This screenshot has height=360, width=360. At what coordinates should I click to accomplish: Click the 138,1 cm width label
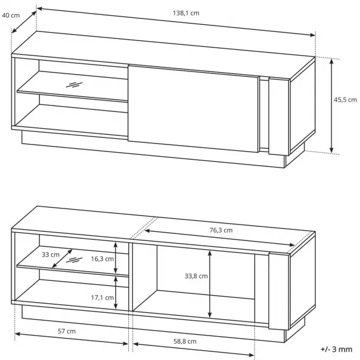(x=186, y=13)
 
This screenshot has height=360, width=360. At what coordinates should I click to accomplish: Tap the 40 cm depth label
(x=11, y=15)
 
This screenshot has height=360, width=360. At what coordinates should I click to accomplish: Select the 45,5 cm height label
(x=345, y=100)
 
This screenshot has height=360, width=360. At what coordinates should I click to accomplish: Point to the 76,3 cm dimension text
(x=221, y=230)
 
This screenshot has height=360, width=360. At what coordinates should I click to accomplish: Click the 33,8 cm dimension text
(x=196, y=276)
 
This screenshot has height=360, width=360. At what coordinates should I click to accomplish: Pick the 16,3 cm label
(x=102, y=259)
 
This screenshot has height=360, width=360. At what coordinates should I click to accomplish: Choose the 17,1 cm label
(x=102, y=298)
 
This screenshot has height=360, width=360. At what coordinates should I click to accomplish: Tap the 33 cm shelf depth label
(x=50, y=254)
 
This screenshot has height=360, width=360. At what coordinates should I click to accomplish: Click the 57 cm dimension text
(x=67, y=331)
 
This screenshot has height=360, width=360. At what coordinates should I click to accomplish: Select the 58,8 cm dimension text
(x=185, y=342)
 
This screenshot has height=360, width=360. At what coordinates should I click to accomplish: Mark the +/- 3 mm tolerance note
(x=336, y=349)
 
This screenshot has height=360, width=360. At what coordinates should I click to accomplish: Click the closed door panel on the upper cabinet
(x=193, y=109)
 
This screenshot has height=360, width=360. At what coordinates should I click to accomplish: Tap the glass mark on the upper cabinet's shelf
(x=74, y=84)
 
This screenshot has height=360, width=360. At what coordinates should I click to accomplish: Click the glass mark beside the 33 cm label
(x=74, y=260)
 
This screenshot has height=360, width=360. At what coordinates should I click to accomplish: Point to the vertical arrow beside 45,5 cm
(x=331, y=106)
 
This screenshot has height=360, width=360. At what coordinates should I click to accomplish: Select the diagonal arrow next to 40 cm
(x=24, y=22)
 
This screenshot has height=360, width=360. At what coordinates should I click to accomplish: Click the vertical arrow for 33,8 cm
(x=210, y=284)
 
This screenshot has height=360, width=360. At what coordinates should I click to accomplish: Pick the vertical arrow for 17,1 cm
(x=116, y=293)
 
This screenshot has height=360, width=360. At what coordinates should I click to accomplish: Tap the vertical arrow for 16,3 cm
(x=116, y=258)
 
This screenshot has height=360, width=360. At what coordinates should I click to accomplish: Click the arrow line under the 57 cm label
(x=71, y=339)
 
